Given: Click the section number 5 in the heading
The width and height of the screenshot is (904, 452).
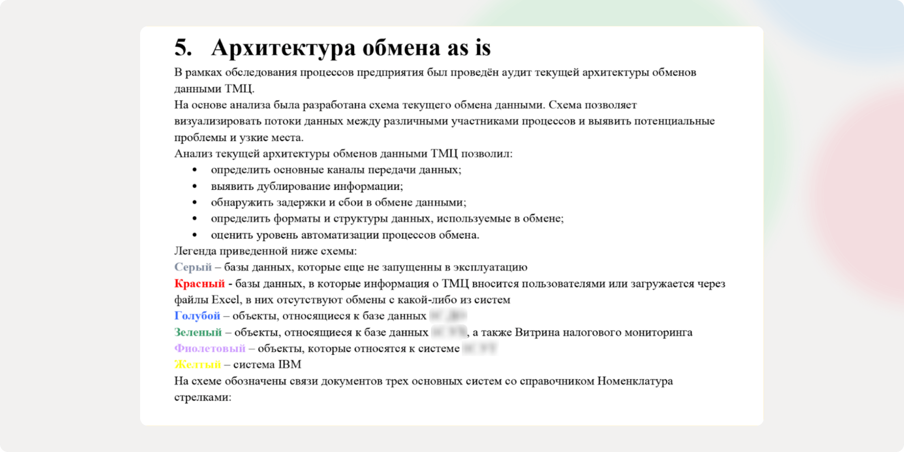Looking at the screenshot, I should (183, 48).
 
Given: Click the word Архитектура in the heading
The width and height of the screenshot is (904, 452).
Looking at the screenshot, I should (283, 48).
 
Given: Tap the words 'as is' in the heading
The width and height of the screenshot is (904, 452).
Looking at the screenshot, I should (469, 48).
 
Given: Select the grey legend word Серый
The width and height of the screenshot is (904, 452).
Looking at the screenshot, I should (193, 267).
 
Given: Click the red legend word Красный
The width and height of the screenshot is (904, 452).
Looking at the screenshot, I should (199, 283).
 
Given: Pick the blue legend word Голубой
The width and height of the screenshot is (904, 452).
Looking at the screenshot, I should (197, 316).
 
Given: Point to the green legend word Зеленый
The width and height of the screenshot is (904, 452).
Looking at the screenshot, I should (198, 332).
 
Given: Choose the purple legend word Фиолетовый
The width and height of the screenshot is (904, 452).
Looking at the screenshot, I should (210, 348).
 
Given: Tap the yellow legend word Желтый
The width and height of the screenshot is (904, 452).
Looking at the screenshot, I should (197, 365).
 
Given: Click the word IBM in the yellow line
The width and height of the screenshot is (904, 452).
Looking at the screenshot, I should (290, 365).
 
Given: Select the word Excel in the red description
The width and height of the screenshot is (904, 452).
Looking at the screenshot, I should (226, 300).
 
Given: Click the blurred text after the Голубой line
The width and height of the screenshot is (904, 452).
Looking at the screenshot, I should (448, 316).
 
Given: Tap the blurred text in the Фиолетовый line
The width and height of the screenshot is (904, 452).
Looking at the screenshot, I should (480, 348).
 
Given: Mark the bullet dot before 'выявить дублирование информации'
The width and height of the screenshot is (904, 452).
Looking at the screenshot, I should (195, 186).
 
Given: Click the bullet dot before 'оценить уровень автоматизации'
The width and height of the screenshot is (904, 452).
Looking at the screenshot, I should (195, 235).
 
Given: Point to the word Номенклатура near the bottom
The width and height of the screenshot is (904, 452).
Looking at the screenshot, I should (635, 381).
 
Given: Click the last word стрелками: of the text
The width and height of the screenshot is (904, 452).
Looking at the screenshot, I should (203, 398).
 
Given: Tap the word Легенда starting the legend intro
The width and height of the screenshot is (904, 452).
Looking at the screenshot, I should (195, 251).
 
